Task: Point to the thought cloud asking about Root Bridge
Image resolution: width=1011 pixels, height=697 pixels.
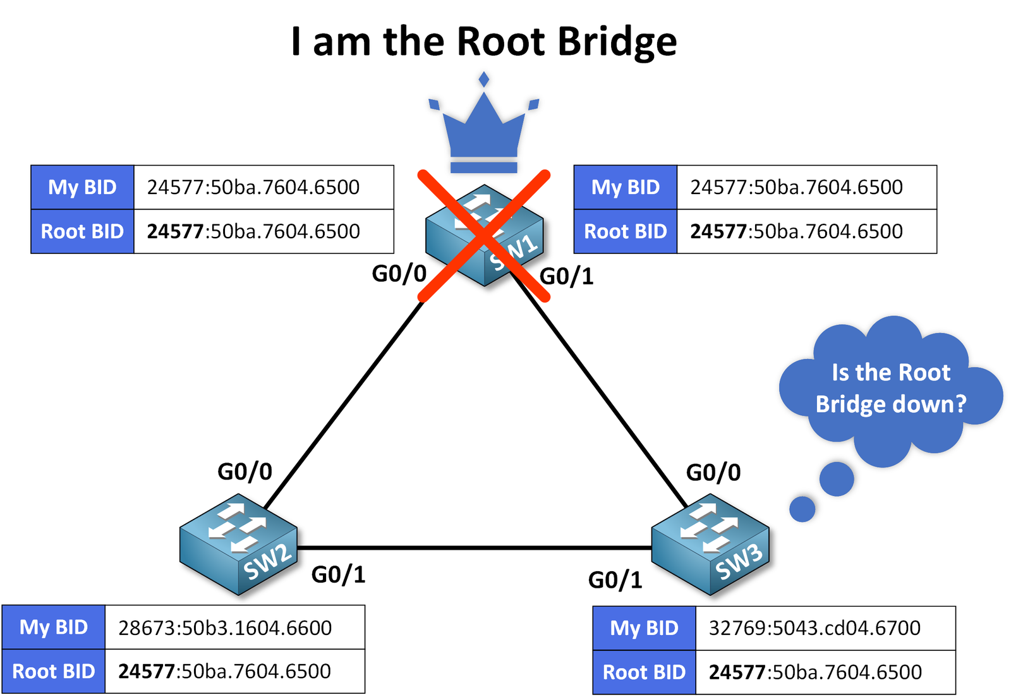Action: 890,388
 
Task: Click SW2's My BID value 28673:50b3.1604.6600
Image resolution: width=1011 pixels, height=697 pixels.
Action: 225,627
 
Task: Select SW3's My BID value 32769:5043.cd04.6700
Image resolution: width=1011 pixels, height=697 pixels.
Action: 814,627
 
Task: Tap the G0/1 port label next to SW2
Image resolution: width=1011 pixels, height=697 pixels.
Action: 339,574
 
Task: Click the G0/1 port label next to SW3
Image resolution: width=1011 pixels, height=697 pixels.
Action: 615,579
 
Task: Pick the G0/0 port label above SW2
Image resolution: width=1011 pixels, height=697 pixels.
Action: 245,471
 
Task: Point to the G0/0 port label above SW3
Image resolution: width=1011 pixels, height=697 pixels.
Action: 713,472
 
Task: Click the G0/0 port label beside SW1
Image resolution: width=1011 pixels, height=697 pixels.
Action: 399,274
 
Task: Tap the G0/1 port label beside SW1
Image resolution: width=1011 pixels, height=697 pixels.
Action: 567,276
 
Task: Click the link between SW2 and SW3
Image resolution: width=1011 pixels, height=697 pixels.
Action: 474,547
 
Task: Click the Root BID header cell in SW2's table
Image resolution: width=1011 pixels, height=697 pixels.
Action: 54,671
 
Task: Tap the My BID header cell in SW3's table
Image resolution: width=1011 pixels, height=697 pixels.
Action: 644,627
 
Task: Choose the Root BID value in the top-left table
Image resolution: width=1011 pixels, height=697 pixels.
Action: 253,231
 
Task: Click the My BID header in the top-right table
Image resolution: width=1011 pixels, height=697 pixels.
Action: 625,187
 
